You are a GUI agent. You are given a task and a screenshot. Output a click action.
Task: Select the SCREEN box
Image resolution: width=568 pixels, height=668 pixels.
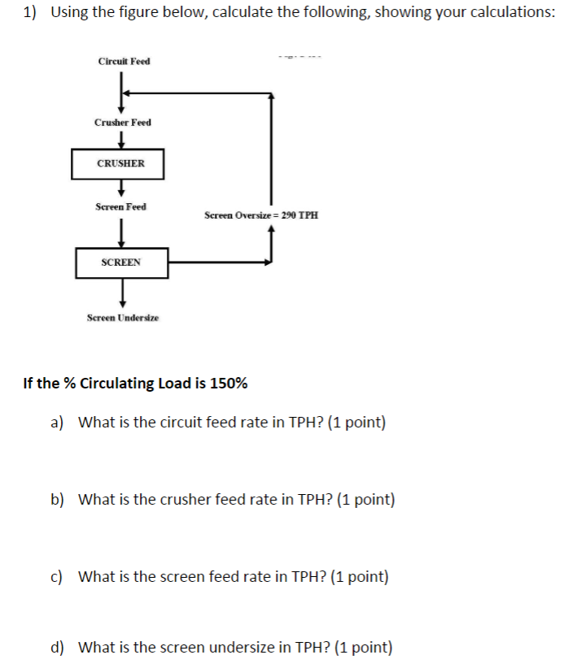[121, 262]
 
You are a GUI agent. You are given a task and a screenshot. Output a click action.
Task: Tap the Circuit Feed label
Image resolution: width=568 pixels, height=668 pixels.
[124, 62]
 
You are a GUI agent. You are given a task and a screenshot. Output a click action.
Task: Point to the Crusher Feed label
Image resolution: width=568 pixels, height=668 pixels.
[122, 122]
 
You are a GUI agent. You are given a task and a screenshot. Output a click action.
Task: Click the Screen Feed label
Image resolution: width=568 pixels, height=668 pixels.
[120, 206]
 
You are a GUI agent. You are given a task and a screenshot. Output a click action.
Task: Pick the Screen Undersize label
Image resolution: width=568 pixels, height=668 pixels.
[123, 318]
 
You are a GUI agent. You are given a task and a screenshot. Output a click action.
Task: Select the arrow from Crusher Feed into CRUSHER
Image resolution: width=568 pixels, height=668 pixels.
[121, 140]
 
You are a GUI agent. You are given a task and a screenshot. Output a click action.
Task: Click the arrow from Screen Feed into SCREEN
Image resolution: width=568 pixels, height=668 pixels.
[121, 232]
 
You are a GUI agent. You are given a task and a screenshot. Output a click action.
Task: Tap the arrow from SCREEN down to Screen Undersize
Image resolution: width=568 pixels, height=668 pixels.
[122, 290]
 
